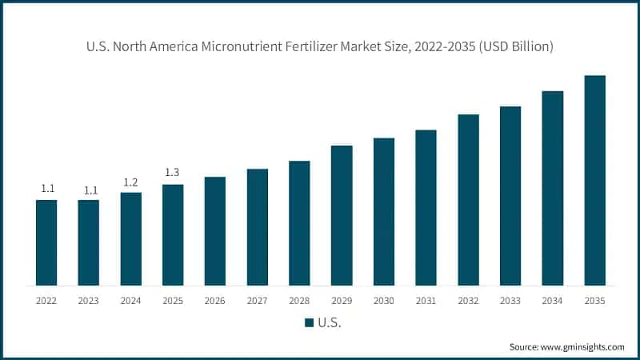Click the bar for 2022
46,242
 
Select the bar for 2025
173,234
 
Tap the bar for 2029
342,215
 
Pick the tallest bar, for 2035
594,180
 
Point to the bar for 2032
468,199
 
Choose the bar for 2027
257,226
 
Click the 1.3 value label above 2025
173,173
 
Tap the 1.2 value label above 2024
130,182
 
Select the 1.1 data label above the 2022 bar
47,189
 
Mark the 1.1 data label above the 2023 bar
89,190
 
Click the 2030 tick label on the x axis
384,301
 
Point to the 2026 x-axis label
215,301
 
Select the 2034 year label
553,301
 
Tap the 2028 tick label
299,301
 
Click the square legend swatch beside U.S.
309,322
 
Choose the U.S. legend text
330,322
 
